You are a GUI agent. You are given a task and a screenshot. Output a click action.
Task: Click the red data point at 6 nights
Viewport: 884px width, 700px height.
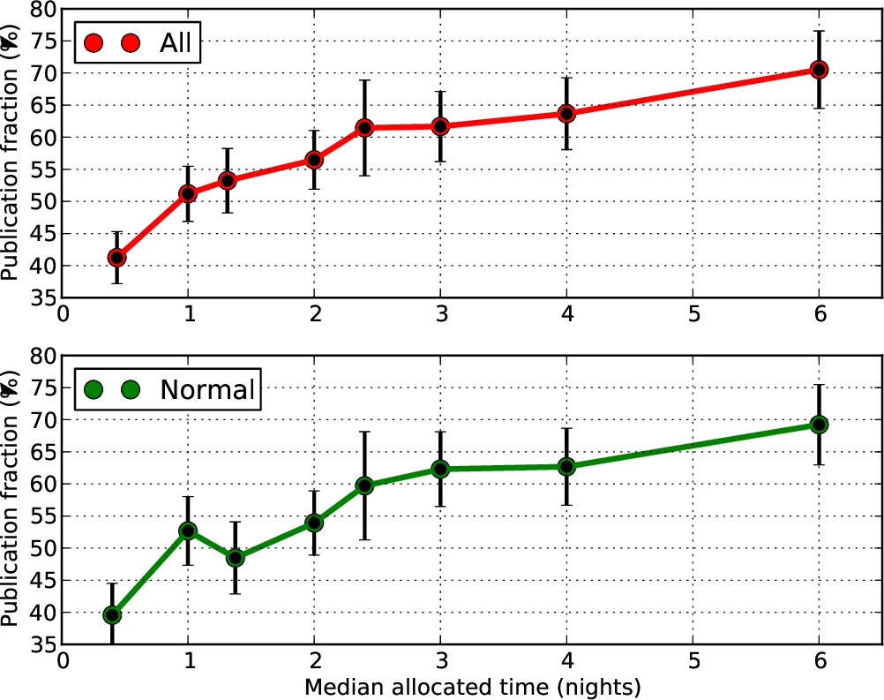[819, 70]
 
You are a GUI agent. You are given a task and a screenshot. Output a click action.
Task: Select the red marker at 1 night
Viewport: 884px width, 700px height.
[188, 193]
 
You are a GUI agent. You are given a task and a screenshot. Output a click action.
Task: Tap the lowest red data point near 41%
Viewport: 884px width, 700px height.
[116, 258]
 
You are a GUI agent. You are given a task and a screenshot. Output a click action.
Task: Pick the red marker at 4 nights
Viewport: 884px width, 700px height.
[566, 114]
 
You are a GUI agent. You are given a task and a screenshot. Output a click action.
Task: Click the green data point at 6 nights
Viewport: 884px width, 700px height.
[819, 425]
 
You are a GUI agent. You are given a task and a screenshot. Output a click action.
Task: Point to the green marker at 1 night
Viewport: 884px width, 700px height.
[188, 531]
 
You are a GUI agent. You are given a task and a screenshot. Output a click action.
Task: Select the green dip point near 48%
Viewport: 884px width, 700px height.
[235, 558]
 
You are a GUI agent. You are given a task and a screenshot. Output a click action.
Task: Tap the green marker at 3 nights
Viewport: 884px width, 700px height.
[440, 469]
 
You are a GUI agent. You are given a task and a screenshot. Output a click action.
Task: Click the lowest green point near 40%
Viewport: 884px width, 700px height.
[112, 614]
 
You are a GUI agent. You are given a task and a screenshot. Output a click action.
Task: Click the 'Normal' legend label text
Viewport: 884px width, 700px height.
[206, 388]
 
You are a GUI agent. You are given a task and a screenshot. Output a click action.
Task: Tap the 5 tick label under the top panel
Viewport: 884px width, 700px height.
[693, 314]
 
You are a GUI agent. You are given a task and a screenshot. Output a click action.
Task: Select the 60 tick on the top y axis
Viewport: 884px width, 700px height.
[41, 137]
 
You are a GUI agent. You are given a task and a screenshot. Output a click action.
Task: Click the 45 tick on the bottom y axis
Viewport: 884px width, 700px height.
[41, 580]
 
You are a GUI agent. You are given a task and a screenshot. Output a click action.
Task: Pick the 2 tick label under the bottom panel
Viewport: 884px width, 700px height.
[314, 660]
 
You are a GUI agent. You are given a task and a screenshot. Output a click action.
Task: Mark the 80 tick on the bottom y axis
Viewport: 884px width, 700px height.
[41, 356]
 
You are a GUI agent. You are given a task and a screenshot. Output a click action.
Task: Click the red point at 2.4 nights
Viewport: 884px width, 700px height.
[364, 128]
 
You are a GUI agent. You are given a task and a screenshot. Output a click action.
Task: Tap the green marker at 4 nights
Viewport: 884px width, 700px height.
[566, 466]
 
